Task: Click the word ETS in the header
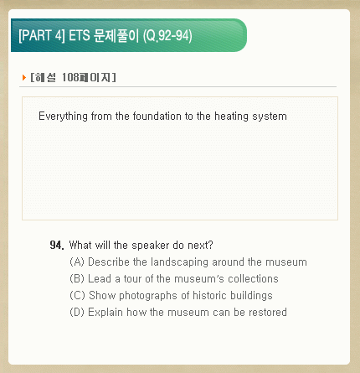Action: click(x=80, y=36)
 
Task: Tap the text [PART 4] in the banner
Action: click(x=42, y=36)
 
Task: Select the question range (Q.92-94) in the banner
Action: click(x=167, y=36)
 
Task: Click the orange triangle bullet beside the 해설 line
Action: click(x=24, y=77)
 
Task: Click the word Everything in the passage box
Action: click(x=63, y=117)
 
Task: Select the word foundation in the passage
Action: click(x=157, y=116)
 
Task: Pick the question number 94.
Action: click(x=57, y=245)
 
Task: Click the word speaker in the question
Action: click(x=151, y=246)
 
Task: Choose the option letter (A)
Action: click(x=77, y=262)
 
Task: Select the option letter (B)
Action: click(x=77, y=279)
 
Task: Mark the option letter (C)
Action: click(x=77, y=296)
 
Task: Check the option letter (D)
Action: click(x=77, y=313)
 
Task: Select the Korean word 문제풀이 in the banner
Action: click(x=116, y=36)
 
